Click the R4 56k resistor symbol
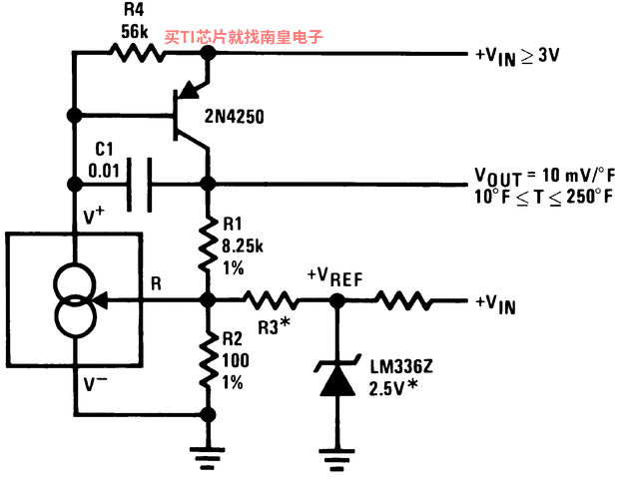[137, 53]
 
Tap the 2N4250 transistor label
[234, 116]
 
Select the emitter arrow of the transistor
[191, 90]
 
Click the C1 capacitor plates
[139, 185]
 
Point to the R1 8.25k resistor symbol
[208, 243]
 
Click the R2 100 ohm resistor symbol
[208, 360]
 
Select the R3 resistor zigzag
[272, 300]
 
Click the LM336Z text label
[401, 367]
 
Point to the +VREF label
[334, 277]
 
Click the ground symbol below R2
[208, 458]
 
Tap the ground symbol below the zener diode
[337, 459]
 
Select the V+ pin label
[94, 216]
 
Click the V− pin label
[95, 383]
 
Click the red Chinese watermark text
[244, 37]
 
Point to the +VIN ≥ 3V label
[517, 57]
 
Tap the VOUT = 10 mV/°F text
[544, 177]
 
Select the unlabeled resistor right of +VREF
[403, 300]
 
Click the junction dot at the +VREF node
[337, 300]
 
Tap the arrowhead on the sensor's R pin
[100, 300]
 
